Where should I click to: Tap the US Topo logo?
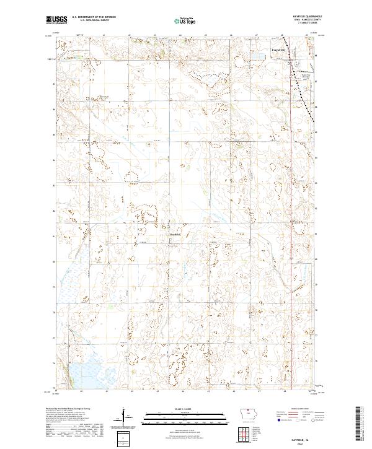coord(184,20)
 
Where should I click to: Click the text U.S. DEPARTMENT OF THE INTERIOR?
coord(94,17)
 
